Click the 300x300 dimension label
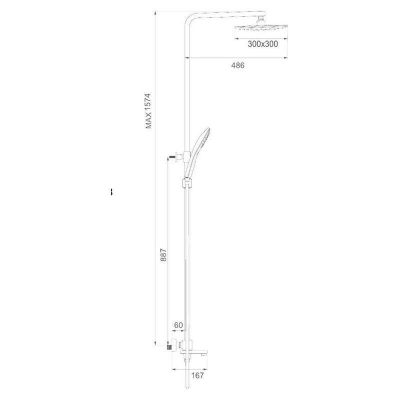(262, 44)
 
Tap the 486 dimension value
(237, 65)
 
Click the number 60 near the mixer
(178, 325)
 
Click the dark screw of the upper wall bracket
(172, 157)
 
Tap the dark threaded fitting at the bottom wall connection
(168, 345)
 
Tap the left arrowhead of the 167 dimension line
(173, 369)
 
